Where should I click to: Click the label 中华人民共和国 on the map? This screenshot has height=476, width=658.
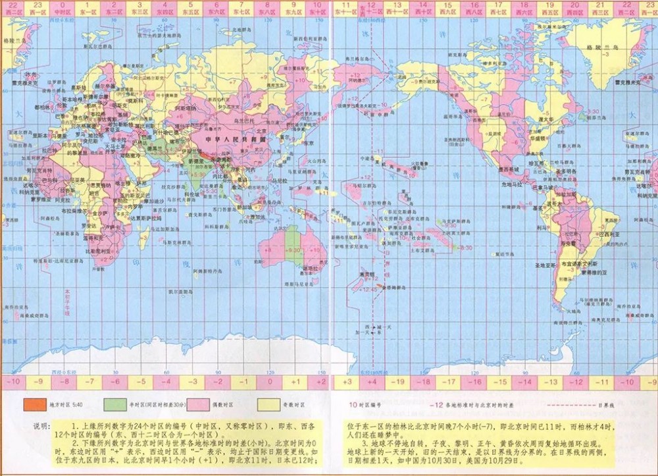[x=226, y=140]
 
